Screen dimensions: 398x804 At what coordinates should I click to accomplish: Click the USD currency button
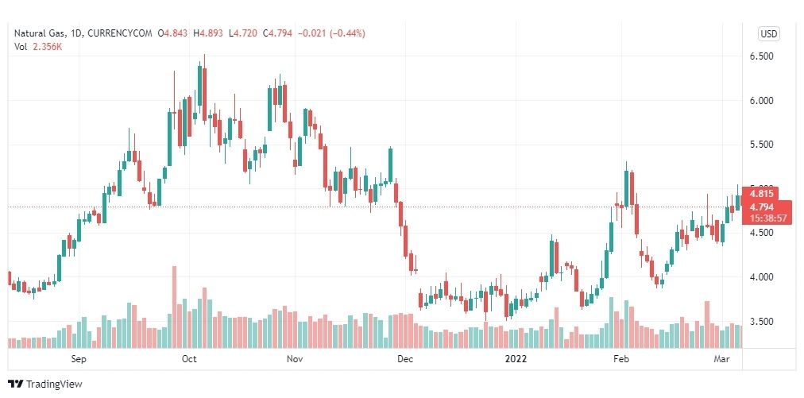[768, 33]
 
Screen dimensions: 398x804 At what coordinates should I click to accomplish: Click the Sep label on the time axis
[78, 359]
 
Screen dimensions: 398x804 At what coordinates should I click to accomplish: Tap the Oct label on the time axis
[188, 359]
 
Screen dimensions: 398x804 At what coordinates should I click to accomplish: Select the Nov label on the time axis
[295, 359]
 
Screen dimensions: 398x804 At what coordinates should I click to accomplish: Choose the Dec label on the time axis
[404, 359]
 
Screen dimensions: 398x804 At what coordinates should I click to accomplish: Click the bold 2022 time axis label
[516, 359]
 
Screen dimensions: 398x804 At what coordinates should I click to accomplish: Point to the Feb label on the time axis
[621, 359]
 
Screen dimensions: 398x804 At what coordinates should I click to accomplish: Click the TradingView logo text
[54, 384]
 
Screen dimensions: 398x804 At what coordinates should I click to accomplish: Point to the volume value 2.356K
[47, 47]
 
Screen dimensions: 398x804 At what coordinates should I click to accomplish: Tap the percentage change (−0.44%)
[344, 33]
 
